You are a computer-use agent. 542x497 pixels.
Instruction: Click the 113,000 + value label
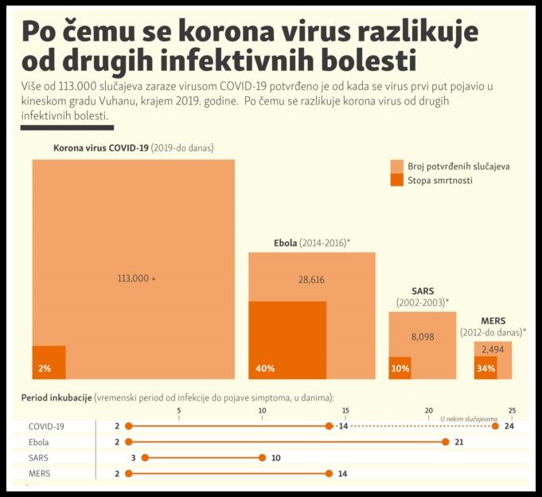(137, 278)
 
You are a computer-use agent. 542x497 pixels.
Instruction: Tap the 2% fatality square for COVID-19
(49, 362)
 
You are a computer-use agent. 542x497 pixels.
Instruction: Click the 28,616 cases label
(311, 280)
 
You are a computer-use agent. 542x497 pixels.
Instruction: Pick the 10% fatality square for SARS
(400, 368)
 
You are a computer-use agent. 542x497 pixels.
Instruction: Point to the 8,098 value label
(423, 337)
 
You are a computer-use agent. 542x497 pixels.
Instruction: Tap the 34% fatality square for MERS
(485, 368)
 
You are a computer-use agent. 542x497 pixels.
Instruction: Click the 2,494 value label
(493, 349)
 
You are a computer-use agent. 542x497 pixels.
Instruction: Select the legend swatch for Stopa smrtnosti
(397, 181)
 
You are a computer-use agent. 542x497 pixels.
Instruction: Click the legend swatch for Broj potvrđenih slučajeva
(397, 166)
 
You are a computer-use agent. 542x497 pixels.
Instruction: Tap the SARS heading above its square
(423, 291)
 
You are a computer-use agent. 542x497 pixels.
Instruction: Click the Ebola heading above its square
(285, 241)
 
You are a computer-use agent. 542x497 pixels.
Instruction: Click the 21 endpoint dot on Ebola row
(445, 441)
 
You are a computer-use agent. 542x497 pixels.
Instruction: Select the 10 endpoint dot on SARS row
(262, 457)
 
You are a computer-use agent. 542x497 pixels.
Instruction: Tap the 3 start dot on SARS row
(145, 457)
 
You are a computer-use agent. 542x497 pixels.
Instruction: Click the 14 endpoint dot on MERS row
(329, 473)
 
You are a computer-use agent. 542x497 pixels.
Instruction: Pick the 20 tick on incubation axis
(428, 409)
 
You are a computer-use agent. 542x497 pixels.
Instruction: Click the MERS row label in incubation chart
(40, 473)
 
